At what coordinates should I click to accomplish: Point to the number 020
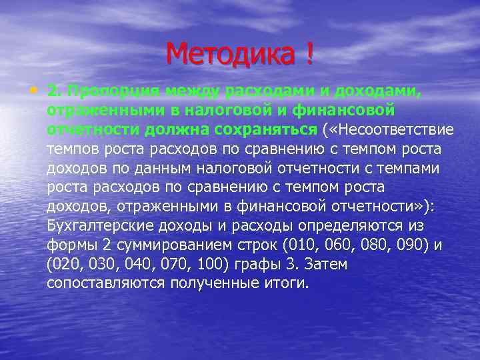66,264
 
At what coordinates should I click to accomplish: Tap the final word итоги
287,283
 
